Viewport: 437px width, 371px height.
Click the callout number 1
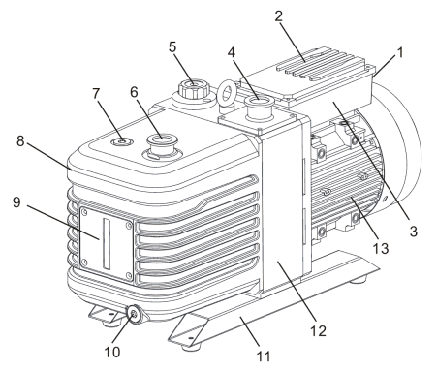400,52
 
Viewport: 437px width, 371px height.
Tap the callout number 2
279,16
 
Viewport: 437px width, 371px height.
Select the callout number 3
414,232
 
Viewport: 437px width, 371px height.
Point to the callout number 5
172,47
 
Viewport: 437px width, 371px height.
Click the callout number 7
96,94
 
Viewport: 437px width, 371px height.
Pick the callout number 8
20,141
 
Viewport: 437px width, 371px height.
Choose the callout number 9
16,202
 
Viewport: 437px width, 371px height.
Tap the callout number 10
112,352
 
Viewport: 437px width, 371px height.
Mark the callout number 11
264,356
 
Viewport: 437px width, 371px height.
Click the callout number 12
318,331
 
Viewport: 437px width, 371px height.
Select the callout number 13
381,249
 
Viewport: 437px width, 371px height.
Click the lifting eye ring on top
226,93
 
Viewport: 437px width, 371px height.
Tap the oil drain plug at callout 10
134,314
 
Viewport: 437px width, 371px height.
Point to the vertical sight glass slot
107,243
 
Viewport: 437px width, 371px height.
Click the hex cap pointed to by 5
193,88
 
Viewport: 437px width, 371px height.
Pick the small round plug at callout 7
121,141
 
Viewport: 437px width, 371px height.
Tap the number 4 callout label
232,52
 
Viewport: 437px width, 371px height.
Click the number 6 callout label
134,92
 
